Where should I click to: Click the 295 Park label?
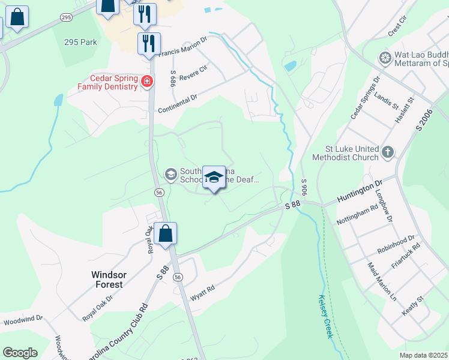80,43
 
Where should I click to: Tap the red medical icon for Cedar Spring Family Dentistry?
146,81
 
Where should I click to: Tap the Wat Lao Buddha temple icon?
384,58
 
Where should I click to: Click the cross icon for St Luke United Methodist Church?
388,152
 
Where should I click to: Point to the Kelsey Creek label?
325,316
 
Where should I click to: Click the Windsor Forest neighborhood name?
108,280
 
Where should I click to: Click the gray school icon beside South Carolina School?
170,174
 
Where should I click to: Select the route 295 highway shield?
66,18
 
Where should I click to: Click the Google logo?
20,352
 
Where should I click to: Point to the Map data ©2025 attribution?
423,355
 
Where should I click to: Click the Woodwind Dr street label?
23,320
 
